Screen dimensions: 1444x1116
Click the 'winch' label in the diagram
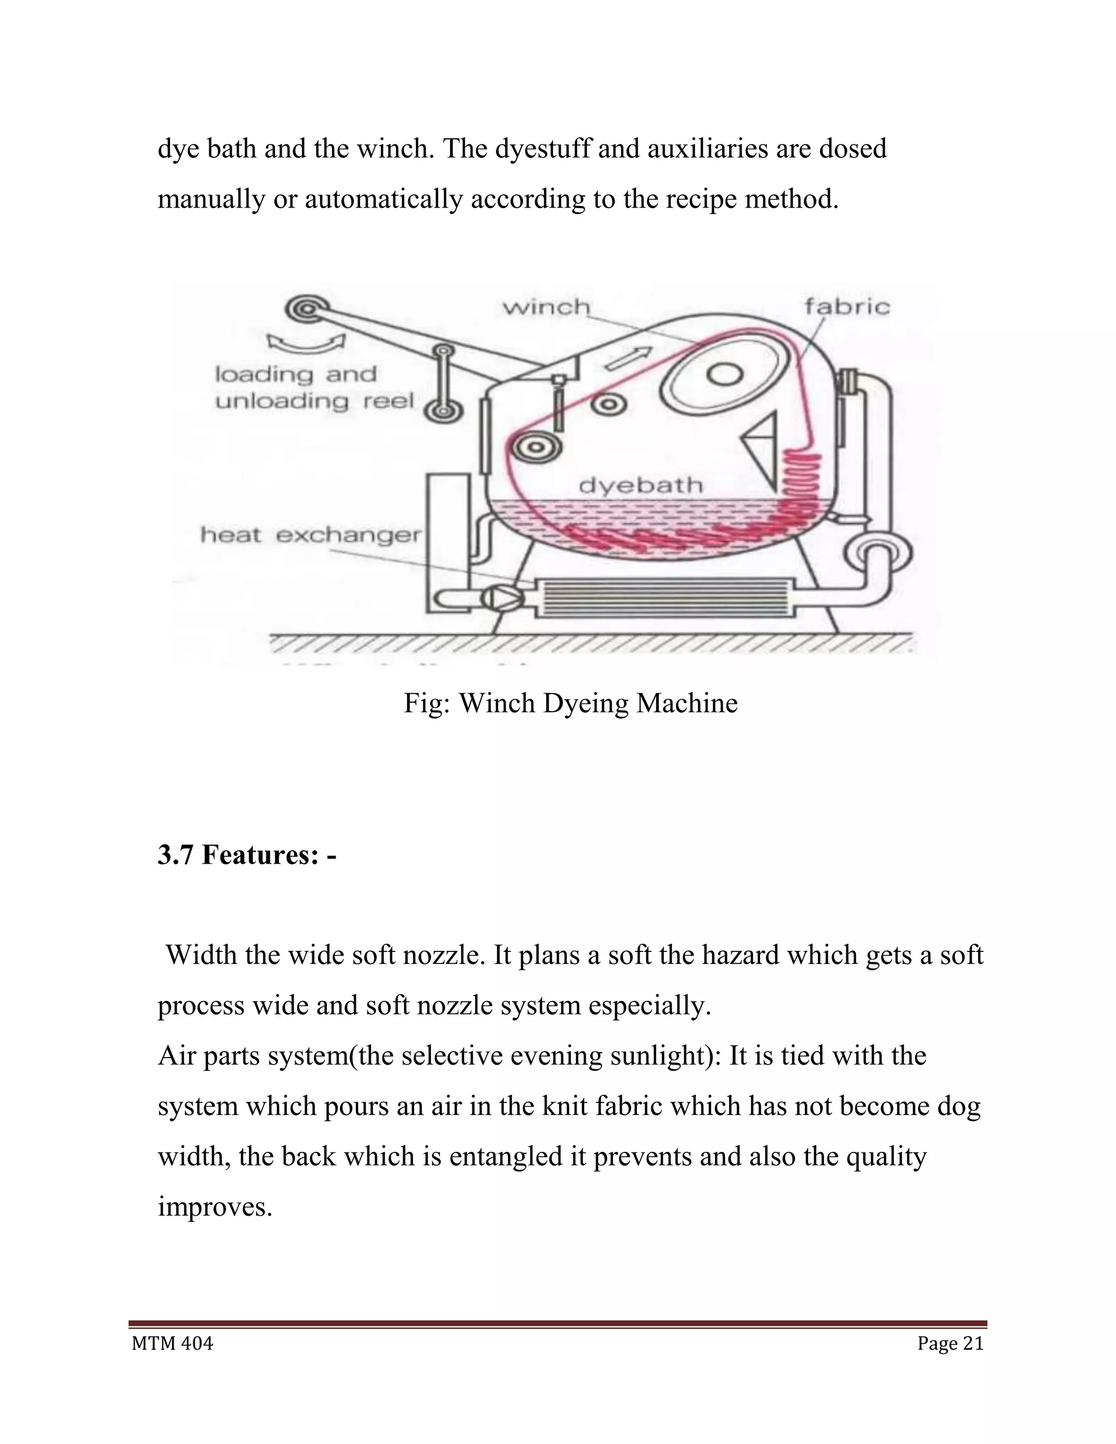point(545,307)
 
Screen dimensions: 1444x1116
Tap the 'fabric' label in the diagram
point(846,307)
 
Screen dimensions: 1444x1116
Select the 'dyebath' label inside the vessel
point(640,486)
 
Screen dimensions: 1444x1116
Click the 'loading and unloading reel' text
point(314,388)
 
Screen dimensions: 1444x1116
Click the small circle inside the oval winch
point(725,375)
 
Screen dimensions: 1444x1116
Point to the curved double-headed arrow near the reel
point(306,343)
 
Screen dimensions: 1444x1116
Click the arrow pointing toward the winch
point(629,357)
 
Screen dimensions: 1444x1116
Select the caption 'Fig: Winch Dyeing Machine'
point(570,703)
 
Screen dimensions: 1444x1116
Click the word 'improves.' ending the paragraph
point(215,1206)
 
